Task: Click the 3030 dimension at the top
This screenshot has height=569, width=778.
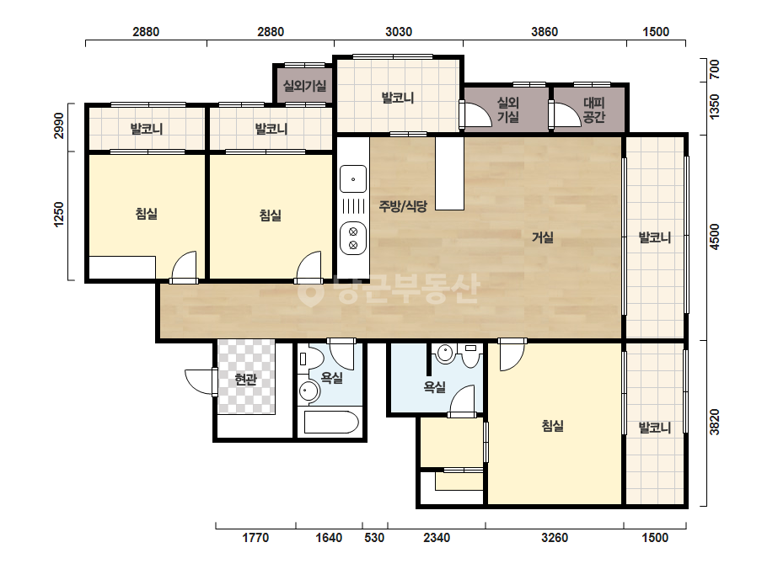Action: [x=399, y=32]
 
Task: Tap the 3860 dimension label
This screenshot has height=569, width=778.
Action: [x=545, y=32]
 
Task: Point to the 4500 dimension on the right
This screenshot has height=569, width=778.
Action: [x=714, y=237]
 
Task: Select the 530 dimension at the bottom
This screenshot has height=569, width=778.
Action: [x=374, y=538]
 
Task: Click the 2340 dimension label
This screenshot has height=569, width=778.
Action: [x=437, y=538]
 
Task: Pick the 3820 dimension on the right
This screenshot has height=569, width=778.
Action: [x=714, y=422]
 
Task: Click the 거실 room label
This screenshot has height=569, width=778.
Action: [x=542, y=238]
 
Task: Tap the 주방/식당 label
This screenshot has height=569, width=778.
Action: [x=403, y=206]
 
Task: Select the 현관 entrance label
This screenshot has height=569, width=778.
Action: [x=245, y=380]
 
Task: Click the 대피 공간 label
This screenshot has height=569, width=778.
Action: [x=594, y=110]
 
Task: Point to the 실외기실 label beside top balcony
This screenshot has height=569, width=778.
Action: [x=304, y=86]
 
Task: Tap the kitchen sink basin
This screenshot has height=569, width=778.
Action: [x=353, y=179]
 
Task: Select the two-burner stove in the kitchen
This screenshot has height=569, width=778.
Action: [x=353, y=238]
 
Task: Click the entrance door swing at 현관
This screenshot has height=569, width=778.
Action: [x=201, y=381]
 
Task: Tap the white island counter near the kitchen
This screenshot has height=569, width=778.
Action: [x=450, y=173]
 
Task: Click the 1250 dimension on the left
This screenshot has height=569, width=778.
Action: [x=59, y=215]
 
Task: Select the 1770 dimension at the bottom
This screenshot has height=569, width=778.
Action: [x=255, y=538]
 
